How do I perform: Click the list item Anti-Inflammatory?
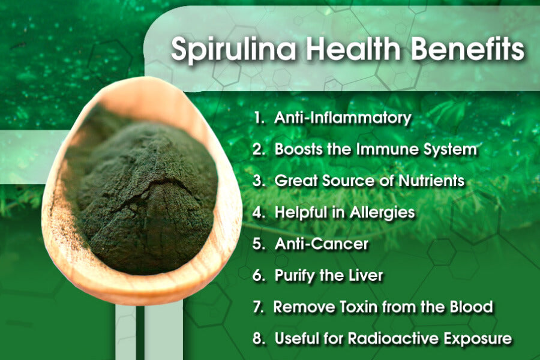343,118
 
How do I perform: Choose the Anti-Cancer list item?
321,244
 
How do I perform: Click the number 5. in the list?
259,244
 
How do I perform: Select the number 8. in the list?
259,338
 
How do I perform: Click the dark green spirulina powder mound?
144,192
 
